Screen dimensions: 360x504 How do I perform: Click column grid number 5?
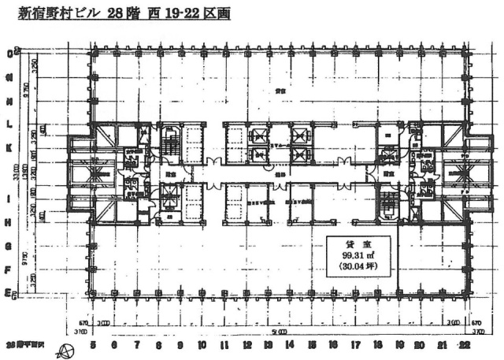tap(93, 345)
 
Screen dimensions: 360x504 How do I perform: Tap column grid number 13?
tap(269, 345)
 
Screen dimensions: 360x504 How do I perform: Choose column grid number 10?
tap(202, 345)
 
